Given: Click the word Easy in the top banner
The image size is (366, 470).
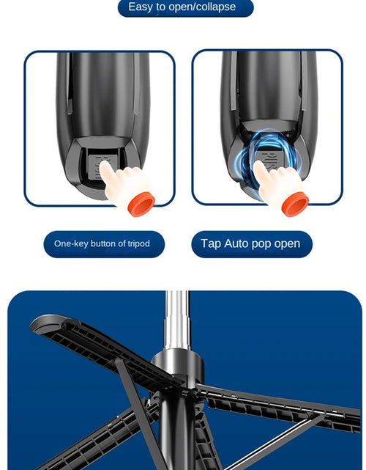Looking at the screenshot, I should coord(141,7).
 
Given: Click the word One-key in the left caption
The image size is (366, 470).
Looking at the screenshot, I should coord(70,244).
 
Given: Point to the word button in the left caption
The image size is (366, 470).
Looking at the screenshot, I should coord(103,244).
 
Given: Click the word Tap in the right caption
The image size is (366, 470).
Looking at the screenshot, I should coord(211,244).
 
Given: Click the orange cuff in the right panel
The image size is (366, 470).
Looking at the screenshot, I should coord(295,203).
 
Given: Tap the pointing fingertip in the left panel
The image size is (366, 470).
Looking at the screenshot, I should coord(104,168).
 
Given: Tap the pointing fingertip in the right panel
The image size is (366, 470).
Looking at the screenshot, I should coord(258,167).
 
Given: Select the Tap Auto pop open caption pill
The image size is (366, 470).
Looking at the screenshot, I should coord(252,244).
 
